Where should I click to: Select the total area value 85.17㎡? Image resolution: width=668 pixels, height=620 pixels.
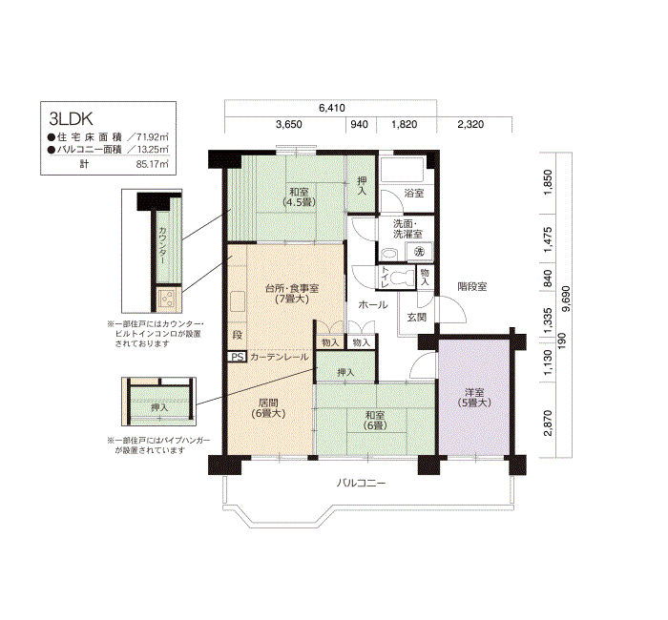[152, 164]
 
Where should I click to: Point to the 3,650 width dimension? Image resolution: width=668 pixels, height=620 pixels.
[288, 125]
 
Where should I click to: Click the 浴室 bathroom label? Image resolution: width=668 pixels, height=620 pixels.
[414, 194]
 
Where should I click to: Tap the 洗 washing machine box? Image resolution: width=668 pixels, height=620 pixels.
[419, 251]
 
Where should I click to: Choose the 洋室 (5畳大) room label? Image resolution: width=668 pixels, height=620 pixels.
[474, 399]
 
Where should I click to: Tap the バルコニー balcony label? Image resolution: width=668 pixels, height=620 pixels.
[361, 484]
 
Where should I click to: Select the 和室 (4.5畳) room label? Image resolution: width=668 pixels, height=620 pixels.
[299, 197]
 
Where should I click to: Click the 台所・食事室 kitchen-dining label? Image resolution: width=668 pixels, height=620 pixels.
[291, 293]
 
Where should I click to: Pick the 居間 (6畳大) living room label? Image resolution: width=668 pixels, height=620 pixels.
[268, 408]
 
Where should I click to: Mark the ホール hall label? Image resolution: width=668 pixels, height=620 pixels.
[372, 305]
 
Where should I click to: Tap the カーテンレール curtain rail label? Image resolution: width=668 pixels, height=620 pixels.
[280, 357]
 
